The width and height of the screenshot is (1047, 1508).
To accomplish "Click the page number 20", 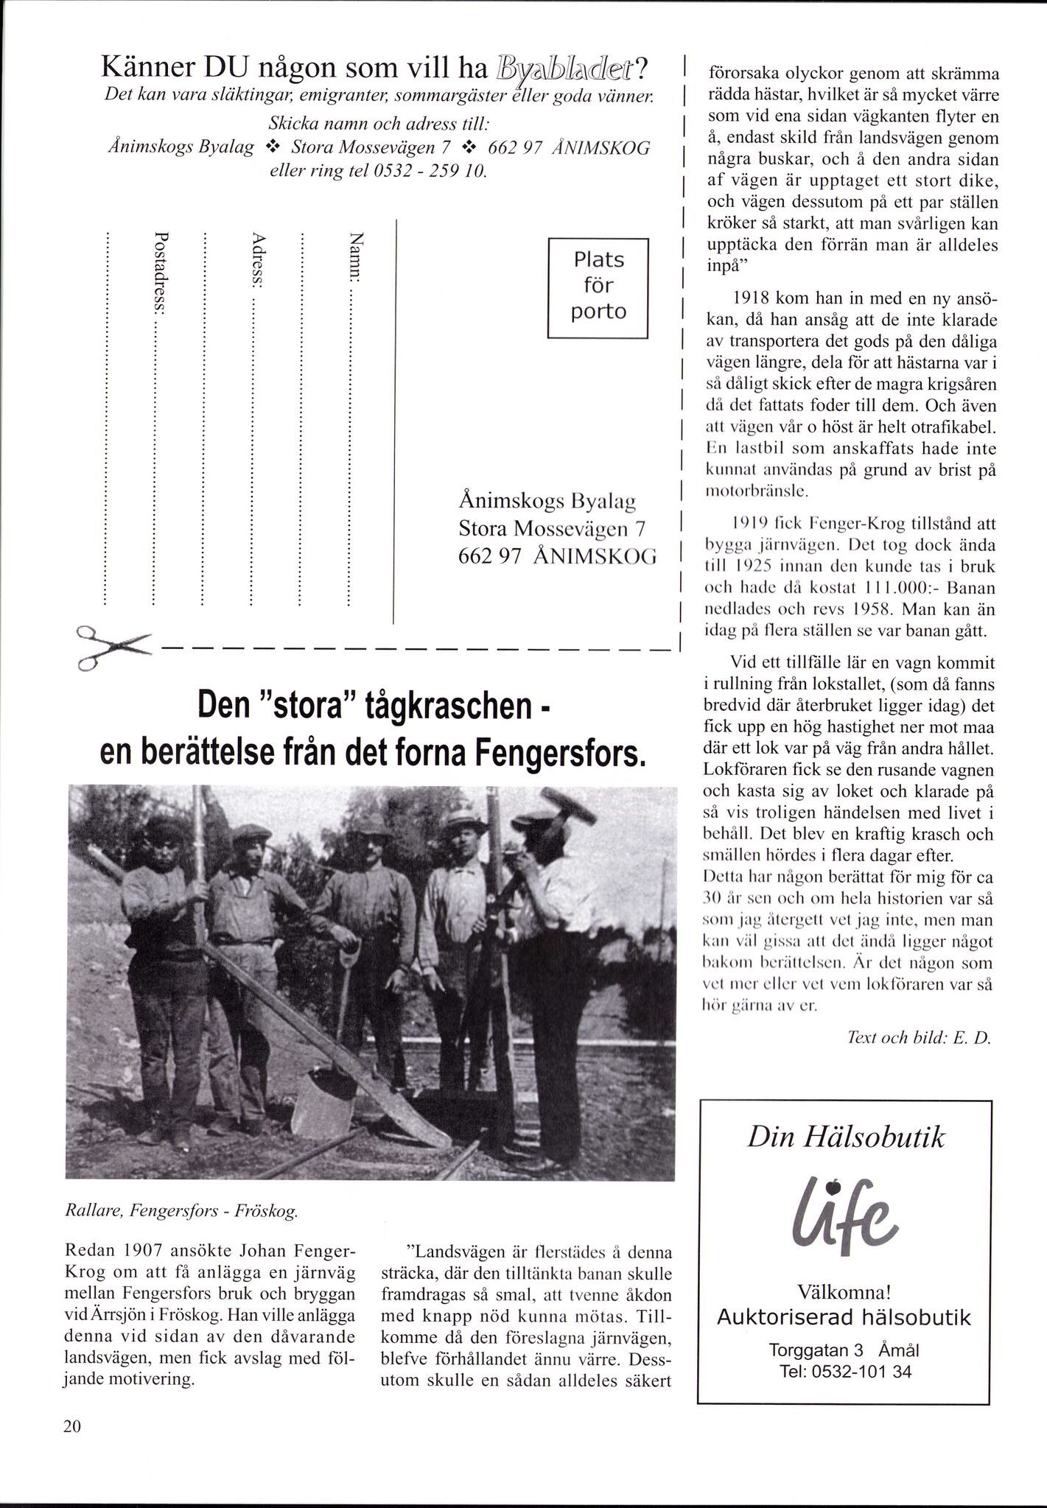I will pos(71,1426).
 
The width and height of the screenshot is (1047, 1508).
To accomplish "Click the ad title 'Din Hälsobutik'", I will pos(845,1137).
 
